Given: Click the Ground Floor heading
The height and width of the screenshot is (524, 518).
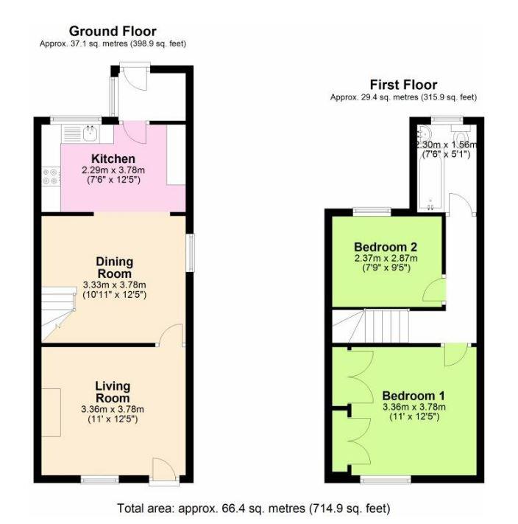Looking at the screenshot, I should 113,31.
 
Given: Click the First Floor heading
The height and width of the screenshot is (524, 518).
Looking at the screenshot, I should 403,85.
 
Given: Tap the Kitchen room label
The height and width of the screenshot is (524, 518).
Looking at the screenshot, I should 113,158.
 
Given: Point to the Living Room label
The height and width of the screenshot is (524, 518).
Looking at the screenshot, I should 113,392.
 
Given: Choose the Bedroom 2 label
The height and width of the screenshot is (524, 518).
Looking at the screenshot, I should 386,246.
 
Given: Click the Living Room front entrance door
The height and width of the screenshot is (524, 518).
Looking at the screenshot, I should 162,469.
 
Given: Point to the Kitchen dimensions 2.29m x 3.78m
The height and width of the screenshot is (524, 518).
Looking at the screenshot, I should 113,170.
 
